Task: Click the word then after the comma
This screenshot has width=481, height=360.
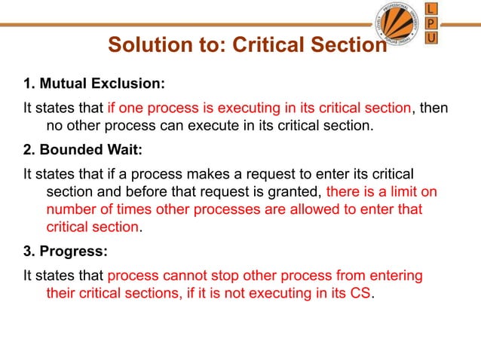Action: pos(434,108)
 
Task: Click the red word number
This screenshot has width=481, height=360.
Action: pos(72,209)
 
